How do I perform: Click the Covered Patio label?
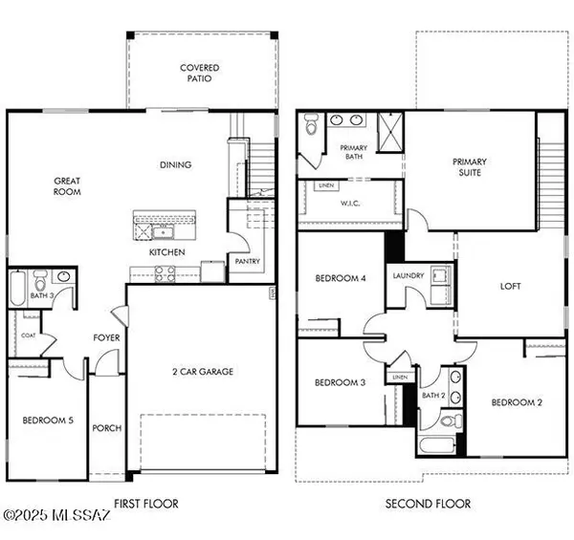pos(200,74)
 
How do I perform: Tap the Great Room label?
pos(67,185)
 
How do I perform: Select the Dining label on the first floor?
pos(175,164)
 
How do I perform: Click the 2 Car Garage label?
pos(203,372)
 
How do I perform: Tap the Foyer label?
pos(106,337)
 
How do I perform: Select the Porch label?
pos(107,428)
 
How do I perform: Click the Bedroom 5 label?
pos(48,420)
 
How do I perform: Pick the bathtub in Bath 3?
pos(20,289)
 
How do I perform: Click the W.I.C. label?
pos(349,202)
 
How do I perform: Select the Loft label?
pos(511,285)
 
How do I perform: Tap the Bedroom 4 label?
pos(340,279)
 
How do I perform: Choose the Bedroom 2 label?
pos(517,402)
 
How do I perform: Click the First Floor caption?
pos(146,504)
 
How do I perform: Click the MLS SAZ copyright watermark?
pos(56,516)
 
